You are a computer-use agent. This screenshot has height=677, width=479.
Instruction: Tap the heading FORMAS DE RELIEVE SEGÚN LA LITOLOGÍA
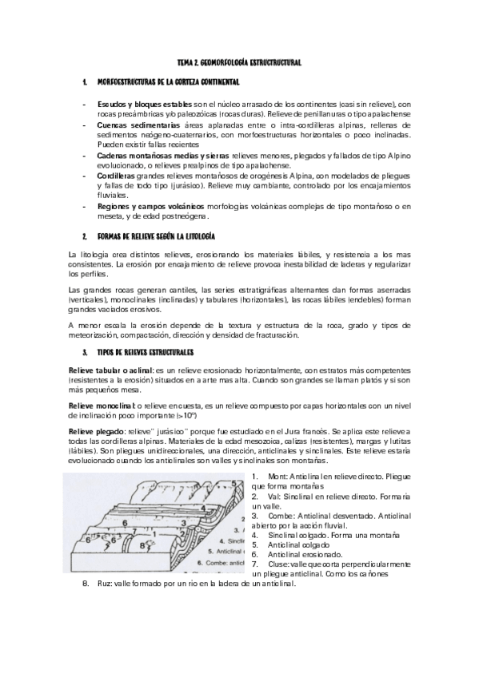[156, 237]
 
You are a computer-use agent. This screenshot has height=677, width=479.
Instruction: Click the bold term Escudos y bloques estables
[144, 105]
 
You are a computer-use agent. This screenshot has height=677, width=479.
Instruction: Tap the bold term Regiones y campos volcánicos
[145, 206]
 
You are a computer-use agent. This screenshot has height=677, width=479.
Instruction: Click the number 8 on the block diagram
[141, 545]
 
